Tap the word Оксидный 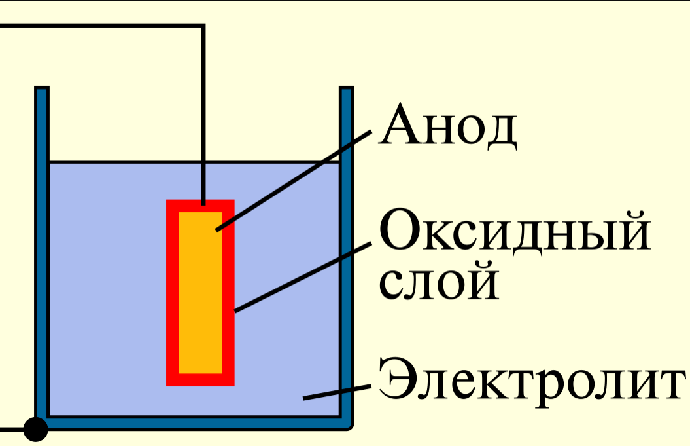coord(515,232)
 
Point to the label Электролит coord(530,379)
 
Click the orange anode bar coord(200,292)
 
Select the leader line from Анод coord(294,181)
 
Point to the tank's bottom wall coord(196,422)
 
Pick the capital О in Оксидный coord(400,232)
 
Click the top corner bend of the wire coord(203,26)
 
